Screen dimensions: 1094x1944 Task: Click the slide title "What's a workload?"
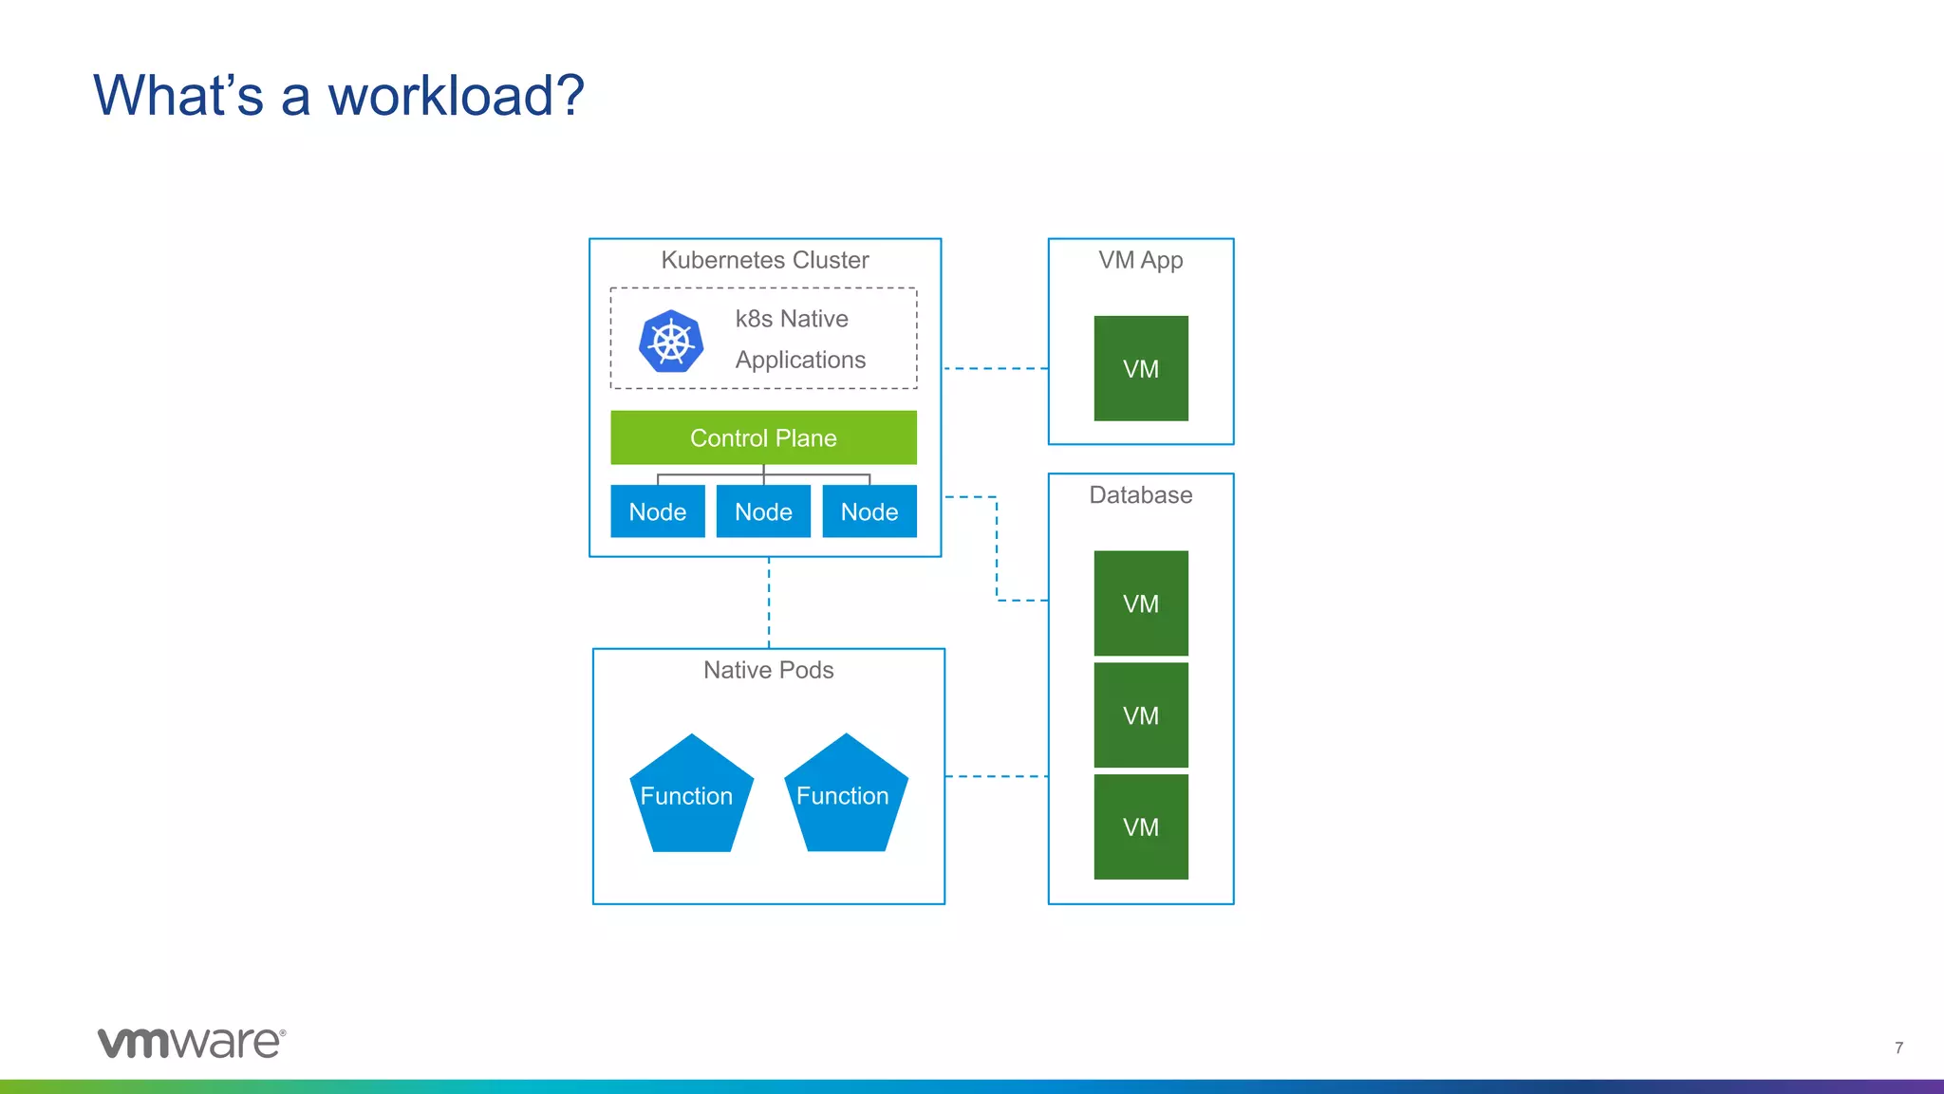[338, 96]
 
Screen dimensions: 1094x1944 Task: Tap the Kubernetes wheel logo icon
[671, 341]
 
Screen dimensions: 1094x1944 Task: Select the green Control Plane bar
[763, 437]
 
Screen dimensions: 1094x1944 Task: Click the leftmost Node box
[657, 511]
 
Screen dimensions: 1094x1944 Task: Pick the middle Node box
[763, 511]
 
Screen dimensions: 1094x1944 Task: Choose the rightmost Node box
[869, 511]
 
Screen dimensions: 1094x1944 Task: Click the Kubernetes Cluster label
[764, 260]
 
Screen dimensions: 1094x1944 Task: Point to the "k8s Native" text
[791, 319]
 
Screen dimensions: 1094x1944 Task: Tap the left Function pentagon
[690, 795]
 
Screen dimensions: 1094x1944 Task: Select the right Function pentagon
[845, 795]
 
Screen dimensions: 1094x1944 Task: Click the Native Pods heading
[768, 670]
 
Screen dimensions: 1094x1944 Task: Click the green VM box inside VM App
[1140, 368]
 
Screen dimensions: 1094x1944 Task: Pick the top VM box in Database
[1140, 603]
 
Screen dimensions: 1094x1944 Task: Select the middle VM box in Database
[1140, 715]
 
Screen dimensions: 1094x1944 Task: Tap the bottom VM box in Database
[1140, 826]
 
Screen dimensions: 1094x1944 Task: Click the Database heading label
[1140, 495]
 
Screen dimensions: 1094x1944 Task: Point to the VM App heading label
[1140, 260]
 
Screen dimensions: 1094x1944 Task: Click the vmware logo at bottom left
[191, 1042]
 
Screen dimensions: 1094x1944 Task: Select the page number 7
[1898, 1048]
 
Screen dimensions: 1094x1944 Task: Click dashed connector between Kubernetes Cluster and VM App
[995, 368]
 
